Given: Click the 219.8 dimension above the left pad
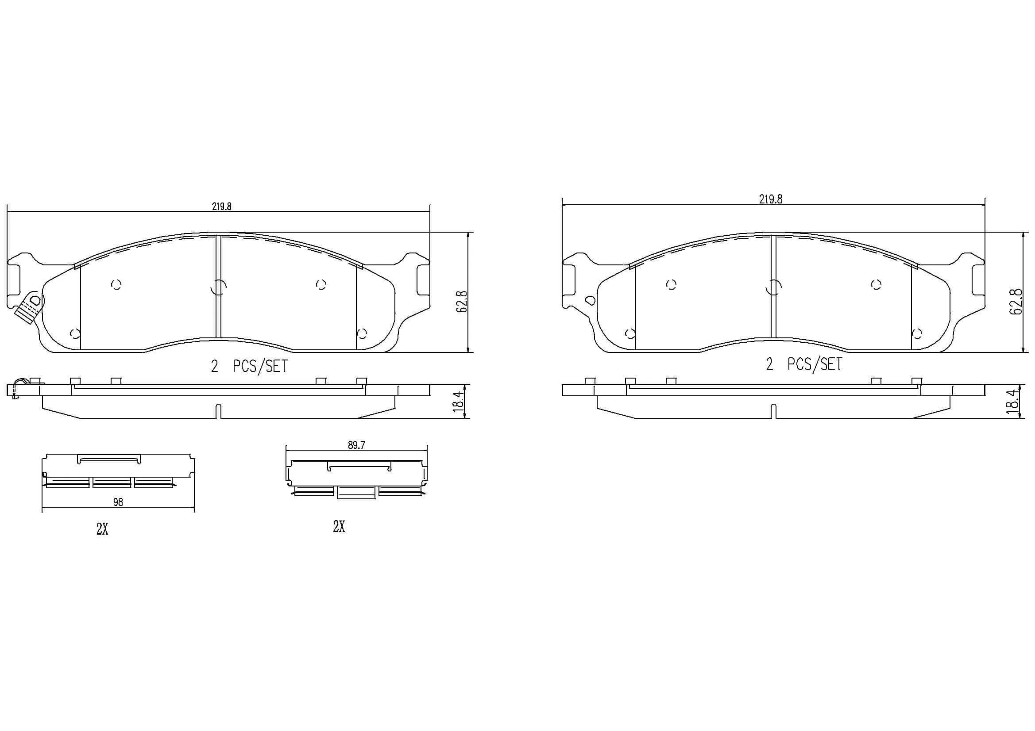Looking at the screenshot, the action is [221, 206].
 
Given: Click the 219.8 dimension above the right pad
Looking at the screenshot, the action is [770, 199].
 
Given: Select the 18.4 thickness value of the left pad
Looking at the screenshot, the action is [459, 399].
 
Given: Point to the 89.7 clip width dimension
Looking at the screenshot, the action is [356, 445].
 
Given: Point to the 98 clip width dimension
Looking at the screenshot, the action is [118, 502].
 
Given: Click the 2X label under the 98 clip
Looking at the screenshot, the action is [102, 530].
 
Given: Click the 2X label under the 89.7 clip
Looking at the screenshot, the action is [339, 526].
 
